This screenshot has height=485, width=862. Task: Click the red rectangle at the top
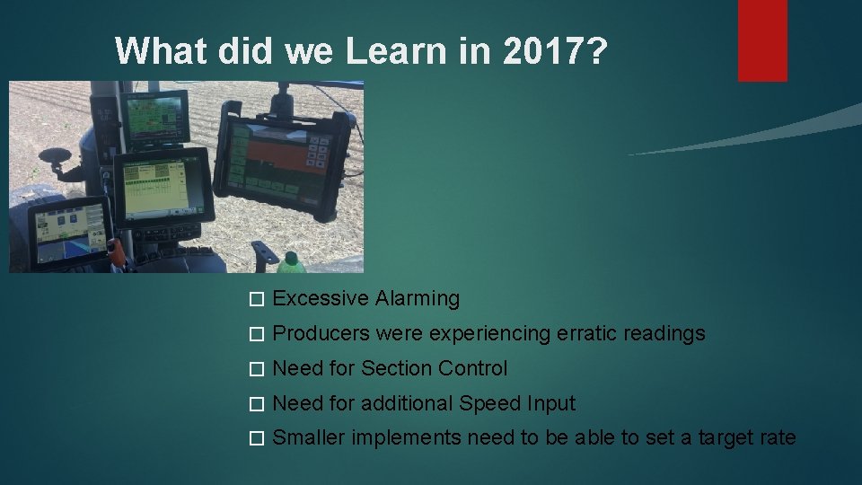click(x=762, y=40)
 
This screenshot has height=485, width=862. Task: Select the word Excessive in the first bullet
click(x=321, y=298)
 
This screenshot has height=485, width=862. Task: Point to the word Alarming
click(x=418, y=298)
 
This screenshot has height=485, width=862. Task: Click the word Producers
click(x=321, y=333)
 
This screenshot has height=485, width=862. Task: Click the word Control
click(x=474, y=368)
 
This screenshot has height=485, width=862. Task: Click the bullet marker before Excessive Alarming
click(x=256, y=299)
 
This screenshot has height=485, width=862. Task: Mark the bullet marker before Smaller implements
click(x=256, y=438)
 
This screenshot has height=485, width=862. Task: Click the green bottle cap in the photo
click(x=291, y=260)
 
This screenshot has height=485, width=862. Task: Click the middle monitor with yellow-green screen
click(x=164, y=190)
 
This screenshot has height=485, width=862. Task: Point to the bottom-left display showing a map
click(x=69, y=232)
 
